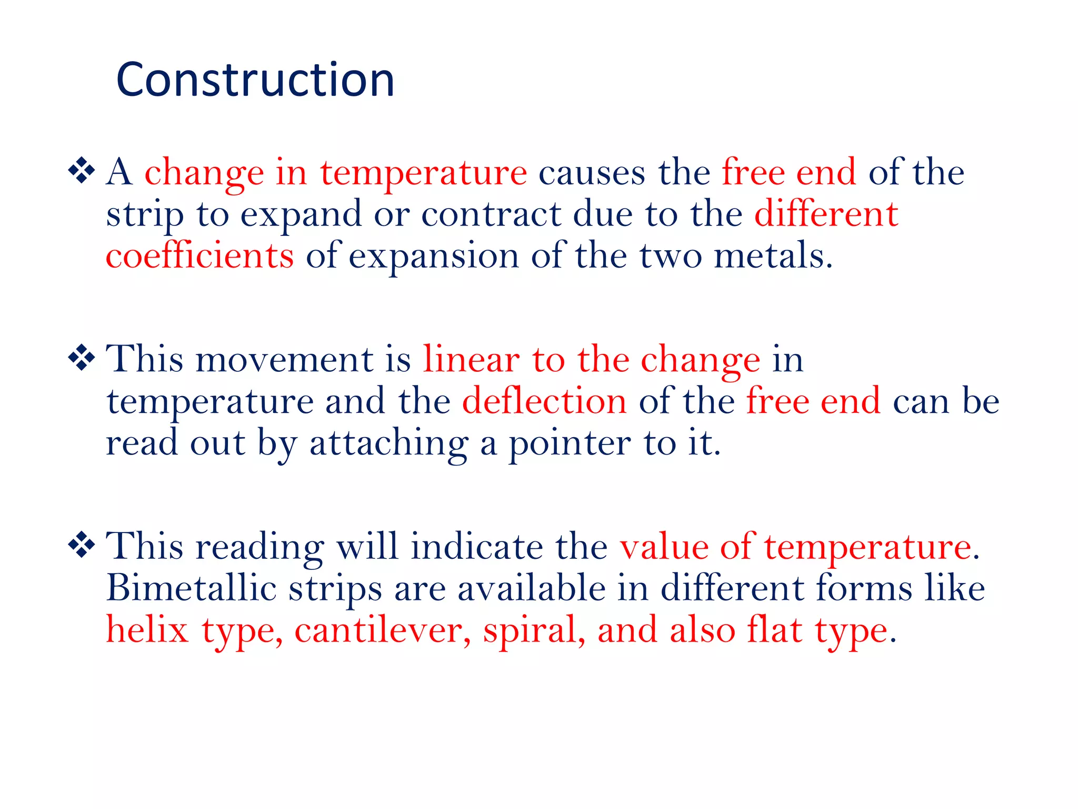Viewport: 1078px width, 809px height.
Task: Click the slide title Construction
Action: [255, 80]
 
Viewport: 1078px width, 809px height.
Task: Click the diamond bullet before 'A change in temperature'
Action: [82, 171]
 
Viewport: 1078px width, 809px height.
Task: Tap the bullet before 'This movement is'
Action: [82, 359]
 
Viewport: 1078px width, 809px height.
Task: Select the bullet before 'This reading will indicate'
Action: [82, 545]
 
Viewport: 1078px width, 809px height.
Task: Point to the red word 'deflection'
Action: [544, 401]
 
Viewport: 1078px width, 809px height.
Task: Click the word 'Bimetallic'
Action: [192, 588]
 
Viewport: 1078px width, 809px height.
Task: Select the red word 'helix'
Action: [147, 630]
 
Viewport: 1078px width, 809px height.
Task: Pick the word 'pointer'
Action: [570, 443]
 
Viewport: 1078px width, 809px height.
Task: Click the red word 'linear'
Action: [471, 360]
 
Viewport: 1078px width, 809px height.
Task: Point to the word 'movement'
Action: [284, 360]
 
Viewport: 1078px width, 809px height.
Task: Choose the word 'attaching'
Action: [388, 443]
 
